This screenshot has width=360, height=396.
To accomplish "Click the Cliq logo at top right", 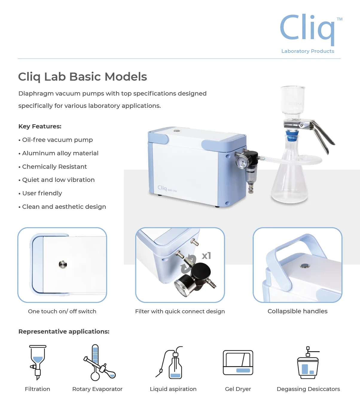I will pos(308,28).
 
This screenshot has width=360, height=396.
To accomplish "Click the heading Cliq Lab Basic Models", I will pos(83,77).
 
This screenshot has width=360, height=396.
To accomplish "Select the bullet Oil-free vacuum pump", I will pos(57,140).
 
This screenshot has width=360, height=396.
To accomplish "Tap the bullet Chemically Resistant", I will pos(54,167).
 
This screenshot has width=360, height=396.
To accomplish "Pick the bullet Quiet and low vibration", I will pos(58,180).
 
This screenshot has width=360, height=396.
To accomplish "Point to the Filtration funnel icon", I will pos(38,362).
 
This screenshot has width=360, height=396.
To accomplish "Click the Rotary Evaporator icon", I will pos(99,363).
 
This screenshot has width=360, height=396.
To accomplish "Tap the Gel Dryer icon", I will pos(238,363).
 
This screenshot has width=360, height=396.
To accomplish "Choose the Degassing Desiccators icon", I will pos(308,363).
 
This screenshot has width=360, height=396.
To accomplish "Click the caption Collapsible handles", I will pos(298,311).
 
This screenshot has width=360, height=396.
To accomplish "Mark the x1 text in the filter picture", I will pos(206,256).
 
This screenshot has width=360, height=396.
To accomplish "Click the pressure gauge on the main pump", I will pos(241,162).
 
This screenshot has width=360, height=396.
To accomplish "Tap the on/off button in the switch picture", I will pos(63,265).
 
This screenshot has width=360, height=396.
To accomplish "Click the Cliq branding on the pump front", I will pos(162,188).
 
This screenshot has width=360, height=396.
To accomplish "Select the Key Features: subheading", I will pos(40,126).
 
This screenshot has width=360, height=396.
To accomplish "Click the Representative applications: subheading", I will pos(64,331).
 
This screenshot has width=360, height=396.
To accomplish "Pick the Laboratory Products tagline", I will pos(308,51).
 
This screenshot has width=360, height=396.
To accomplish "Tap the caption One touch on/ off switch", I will pos(62,311).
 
